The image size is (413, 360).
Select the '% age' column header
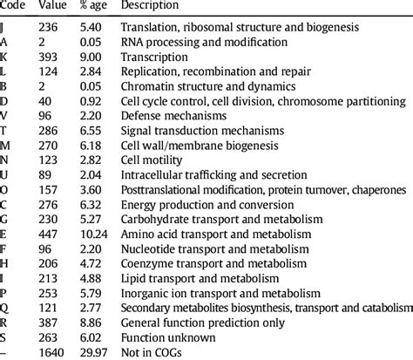pos(93,5)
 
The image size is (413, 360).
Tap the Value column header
pos(54,5)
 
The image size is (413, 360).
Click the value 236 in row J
pos(49,28)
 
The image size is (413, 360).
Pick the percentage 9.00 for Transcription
pos(91,57)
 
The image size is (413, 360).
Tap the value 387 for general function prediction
pos(49,323)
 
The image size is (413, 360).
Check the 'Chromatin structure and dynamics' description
pos(208,86)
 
